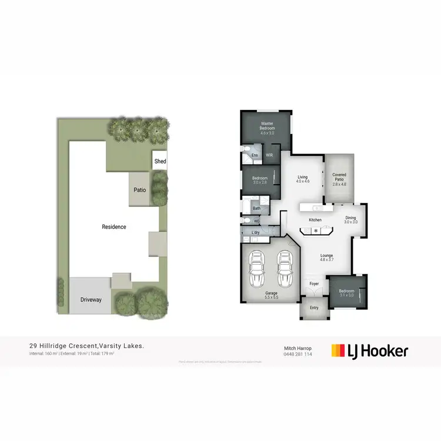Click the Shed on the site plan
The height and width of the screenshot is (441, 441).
pyautogui.click(x=160, y=161)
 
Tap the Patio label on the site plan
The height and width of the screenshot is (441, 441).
pyautogui.click(x=139, y=190)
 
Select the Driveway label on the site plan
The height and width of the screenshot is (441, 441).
pyautogui.click(x=91, y=299)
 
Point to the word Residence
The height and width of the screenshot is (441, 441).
pyautogui.click(x=113, y=226)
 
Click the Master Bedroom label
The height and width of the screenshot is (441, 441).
pyautogui.click(x=268, y=128)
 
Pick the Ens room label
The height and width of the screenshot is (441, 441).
pyautogui.click(x=255, y=155)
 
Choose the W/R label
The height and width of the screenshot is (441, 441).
pyautogui.click(x=269, y=155)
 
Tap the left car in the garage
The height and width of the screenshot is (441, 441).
pyautogui.click(x=257, y=269)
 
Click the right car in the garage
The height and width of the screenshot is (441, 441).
pyautogui.click(x=285, y=269)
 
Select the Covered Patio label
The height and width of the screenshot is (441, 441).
pyautogui.click(x=339, y=179)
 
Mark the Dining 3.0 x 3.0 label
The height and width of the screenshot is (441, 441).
pyautogui.click(x=350, y=220)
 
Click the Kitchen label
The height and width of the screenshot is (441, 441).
pyautogui.click(x=315, y=220)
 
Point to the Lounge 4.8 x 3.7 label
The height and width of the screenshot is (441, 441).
pyautogui.click(x=327, y=258)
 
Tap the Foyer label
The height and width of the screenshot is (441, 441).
pyautogui.click(x=314, y=283)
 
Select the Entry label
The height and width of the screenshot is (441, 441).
pyautogui.click(x=314, y=308)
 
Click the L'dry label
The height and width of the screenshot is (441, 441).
pyautogui.click(x=255, y=233)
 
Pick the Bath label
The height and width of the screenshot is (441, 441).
pyautogui.click(x=257, y=208)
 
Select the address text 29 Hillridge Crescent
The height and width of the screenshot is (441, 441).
pyautogui.click(x=63, y=346)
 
